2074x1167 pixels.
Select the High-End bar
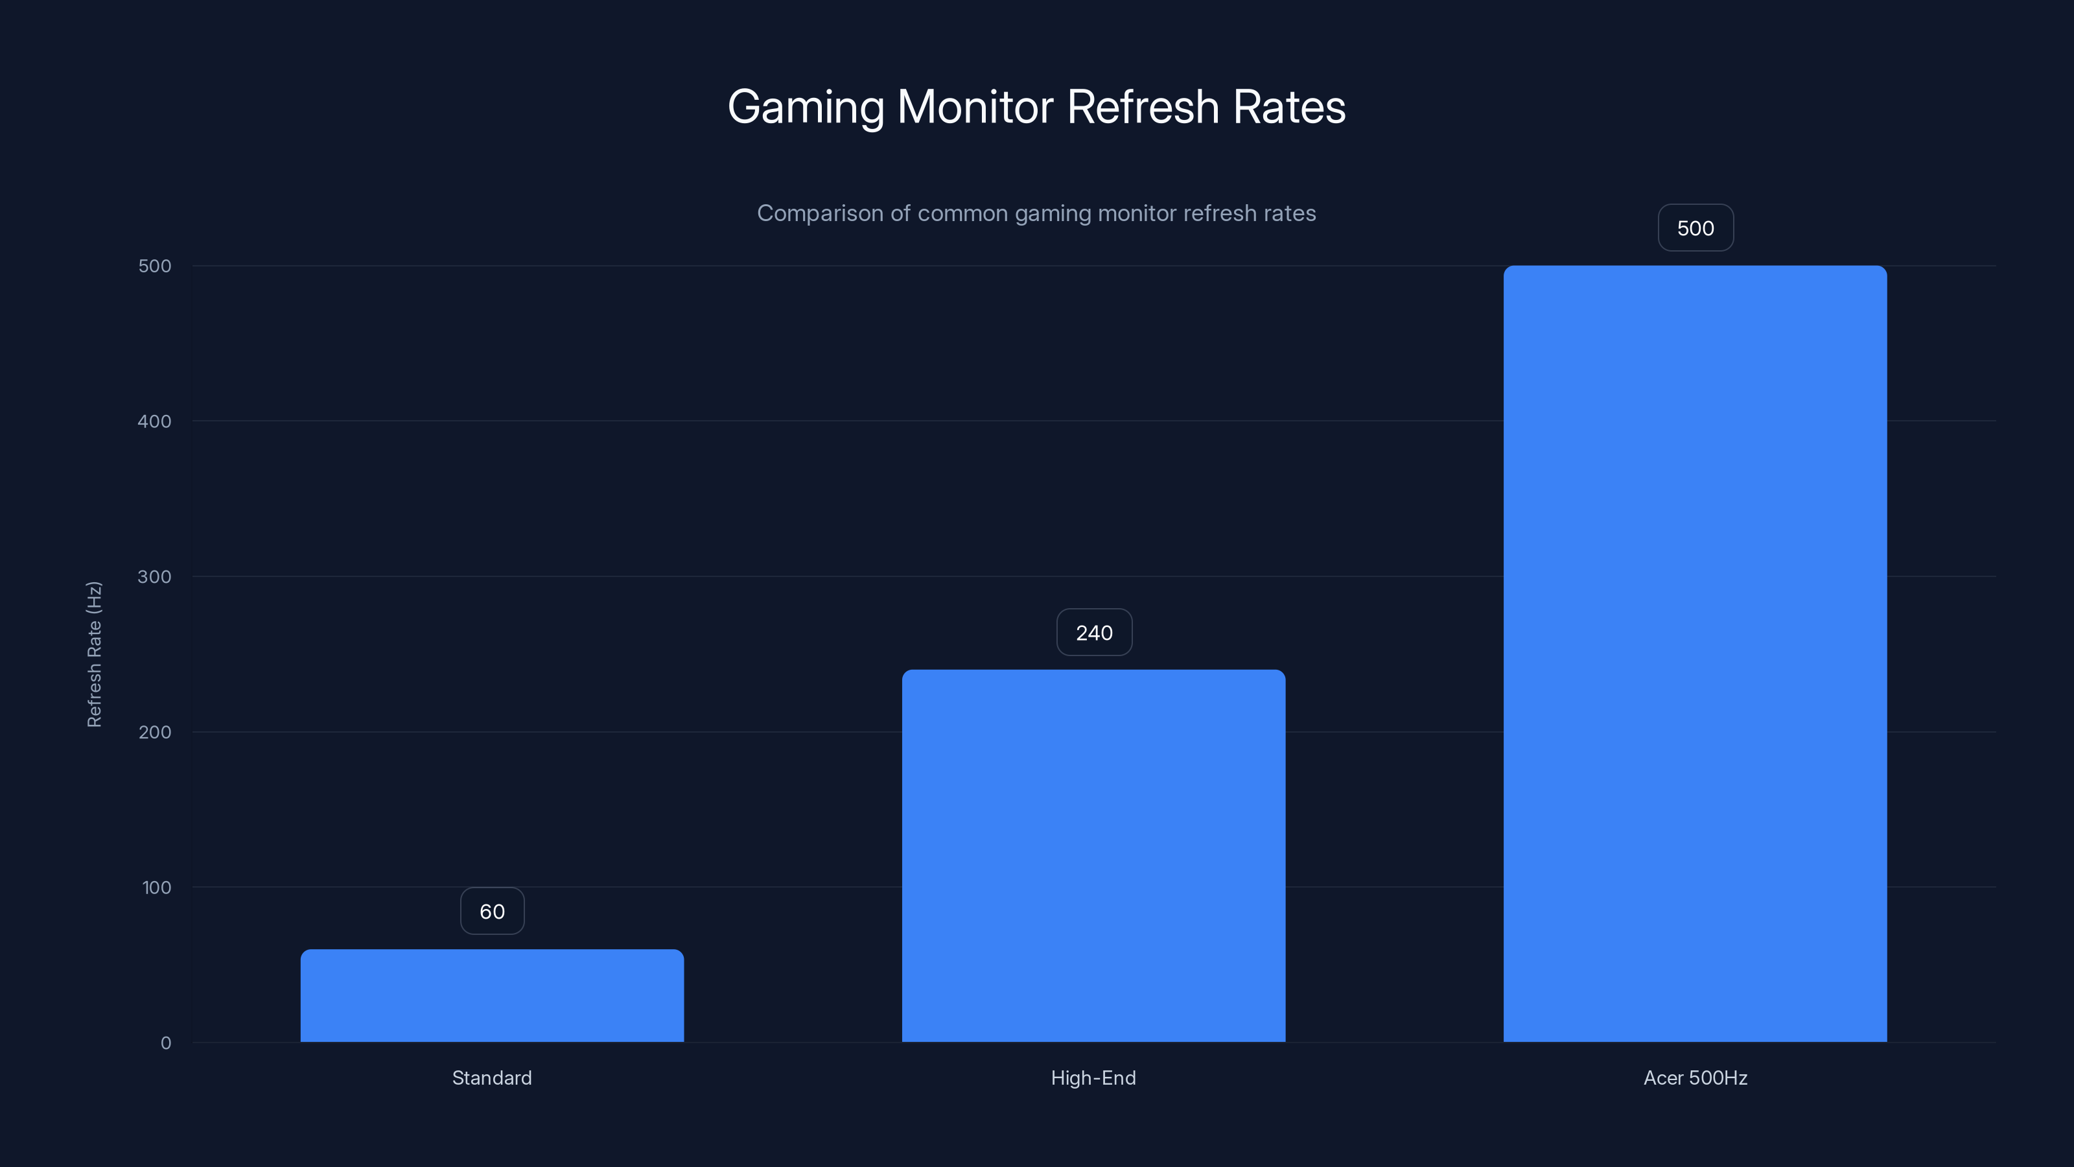point(1093,855)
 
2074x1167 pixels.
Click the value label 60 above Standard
point(492,912)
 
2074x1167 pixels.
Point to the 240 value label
point(1094,633)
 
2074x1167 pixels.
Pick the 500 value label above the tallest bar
point(1695,229)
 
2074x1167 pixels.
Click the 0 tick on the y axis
point(166,1044)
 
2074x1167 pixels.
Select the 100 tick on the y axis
point(156,888)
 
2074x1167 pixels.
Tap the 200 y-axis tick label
point(155,732)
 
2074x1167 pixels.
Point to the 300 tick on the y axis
point(155,576)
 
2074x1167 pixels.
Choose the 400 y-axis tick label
point(155,421)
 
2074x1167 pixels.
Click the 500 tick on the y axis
point(155,266)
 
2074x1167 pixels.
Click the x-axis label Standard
point(492,1078)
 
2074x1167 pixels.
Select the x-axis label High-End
point(1093,1078)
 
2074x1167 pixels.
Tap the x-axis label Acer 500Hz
point(1695,1078)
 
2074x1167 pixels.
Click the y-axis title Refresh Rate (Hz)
point(94,654)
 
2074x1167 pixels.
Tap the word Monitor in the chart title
point(975,106)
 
